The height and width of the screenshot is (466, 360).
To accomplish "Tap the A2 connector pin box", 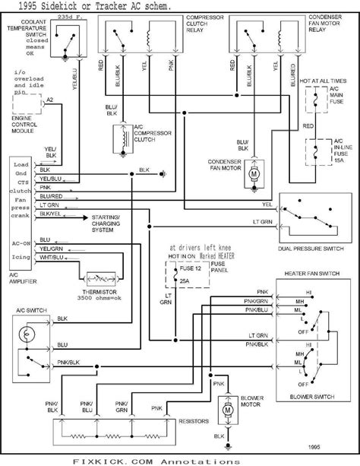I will point(49,100).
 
